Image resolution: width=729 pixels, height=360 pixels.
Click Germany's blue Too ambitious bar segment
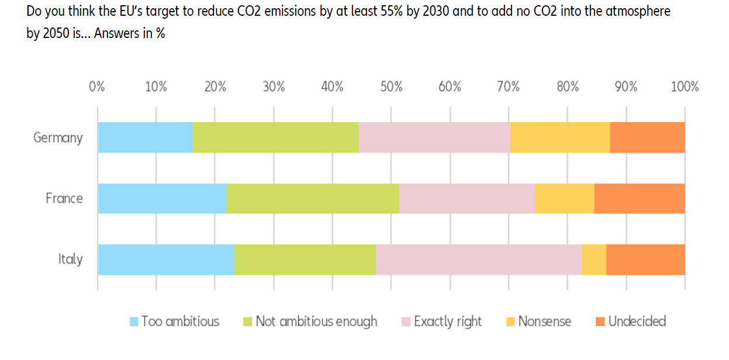click(145, 137)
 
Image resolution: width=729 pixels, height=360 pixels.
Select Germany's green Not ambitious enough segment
click(275, 137)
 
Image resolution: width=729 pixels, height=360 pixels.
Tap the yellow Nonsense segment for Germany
click(560, 137)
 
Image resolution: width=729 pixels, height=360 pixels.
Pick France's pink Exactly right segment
click(467, 198)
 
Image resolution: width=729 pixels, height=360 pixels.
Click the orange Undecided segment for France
click(640, 198)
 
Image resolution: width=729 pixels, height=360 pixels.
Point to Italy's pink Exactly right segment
click(479, 259)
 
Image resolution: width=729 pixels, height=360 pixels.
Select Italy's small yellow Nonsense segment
click(594, 259)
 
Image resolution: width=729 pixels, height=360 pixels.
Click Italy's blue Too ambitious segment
click(166, 259)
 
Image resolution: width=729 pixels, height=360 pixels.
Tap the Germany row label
click(58, 138)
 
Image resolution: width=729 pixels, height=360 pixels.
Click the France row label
click(64, 199)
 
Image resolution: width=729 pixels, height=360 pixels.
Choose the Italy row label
click(70, 259)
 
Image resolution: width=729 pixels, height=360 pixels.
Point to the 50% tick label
click(391, 87)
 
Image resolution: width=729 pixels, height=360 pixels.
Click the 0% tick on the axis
click(97, 87)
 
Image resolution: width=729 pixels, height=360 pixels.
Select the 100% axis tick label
click(685, 87)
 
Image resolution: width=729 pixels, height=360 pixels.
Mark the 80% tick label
click(568, 87)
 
